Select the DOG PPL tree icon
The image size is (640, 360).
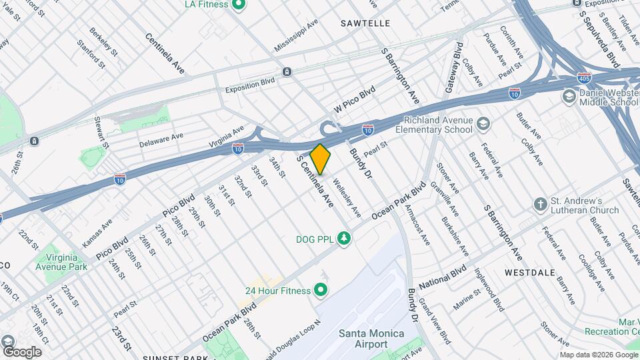tap(344, 238)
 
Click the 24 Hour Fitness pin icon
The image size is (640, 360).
tap(321, 290)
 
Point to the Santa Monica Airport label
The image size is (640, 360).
tap(363, 339)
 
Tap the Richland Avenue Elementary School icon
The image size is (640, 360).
tap(483, 123)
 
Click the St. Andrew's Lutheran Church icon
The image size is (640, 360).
tap(541, 205)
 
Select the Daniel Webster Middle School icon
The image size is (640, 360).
tap(569, 97)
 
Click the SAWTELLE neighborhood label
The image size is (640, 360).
tap(365, 23)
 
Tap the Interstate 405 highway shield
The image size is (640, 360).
tap(585, 78)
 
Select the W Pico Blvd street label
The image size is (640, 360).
tap(355, 99)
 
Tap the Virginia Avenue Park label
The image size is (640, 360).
tap(66, 261)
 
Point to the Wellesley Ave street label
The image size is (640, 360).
tap(346, 198)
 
